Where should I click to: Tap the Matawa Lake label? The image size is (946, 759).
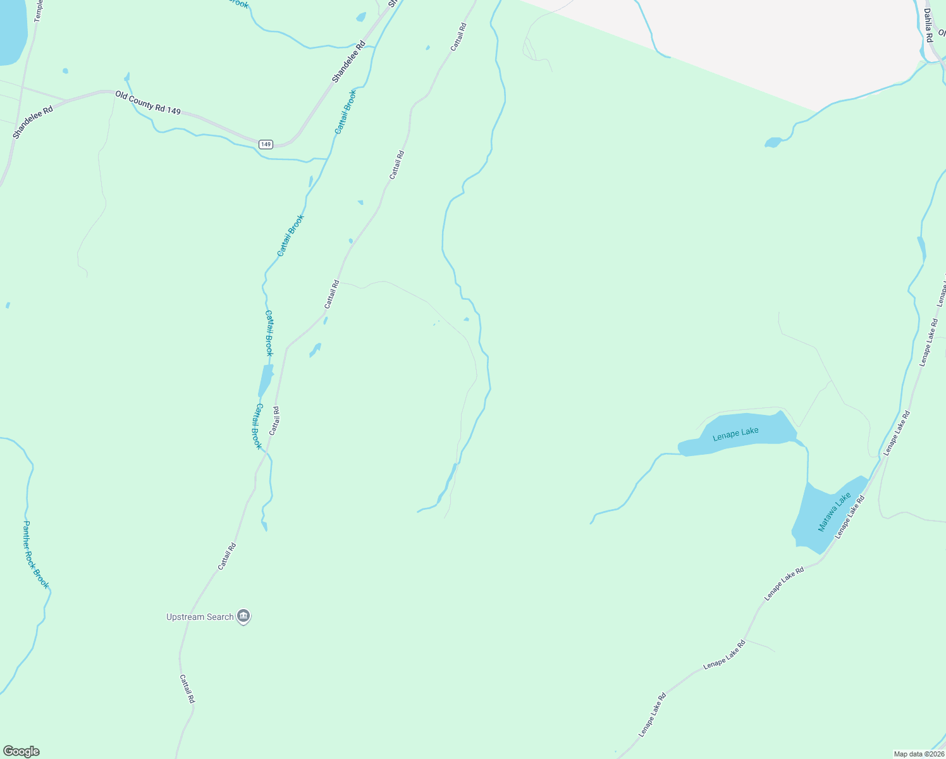pyautogui.click(x=834, y=512)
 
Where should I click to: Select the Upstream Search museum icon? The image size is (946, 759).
pyautogui.click(x=243, y=616)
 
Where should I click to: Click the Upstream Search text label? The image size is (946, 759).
pyautogui.click(x=200, y=617)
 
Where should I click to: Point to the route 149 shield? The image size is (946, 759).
pyautogui.click(x=266, y=144)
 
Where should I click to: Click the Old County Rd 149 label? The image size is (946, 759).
pyautogui.click(x=148, y=102)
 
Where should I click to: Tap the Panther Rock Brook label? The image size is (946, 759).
pyautogui.click(x=35, y=555)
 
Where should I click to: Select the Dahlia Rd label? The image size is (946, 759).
pyautogui.click(x=928, y=25)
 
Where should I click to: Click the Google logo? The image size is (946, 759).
pyautogui.click(x=21, y=751)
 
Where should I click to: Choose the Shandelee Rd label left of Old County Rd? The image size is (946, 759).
pyautogui.click(x=33, y=122)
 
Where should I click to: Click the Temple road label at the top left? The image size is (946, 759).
pyautogui.click(x=38, y=11)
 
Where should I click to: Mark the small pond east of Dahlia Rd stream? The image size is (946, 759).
pyautogui.click(x=773, y=142)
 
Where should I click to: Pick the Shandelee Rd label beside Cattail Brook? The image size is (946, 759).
pyautogui.click(x=349, y=62)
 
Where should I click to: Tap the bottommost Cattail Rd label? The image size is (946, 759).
pyautogui.click(x=187, y=689)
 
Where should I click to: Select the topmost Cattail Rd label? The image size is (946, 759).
pyautogui.click(x=458, y=37)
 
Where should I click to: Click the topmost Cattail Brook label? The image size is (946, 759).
pyautogui.click(x=345, y=112)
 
